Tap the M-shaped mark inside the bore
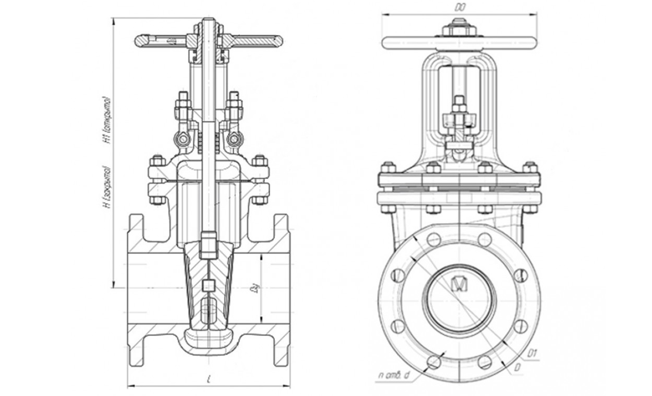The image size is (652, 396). click(460, 283)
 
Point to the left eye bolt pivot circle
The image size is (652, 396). click(182, 140)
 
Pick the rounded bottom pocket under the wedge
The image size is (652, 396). click(208, 341)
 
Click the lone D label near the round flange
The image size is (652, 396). click(517, 368)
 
